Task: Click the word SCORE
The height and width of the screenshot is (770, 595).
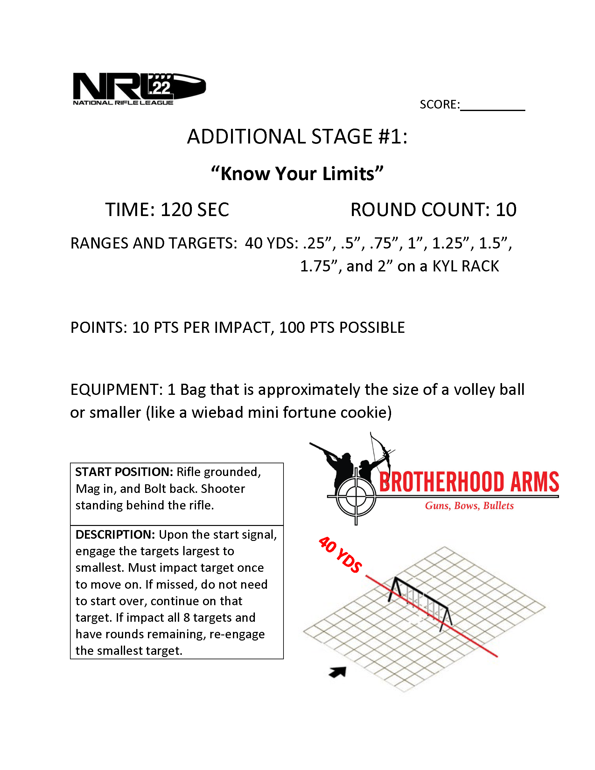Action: click(x=439, y=104)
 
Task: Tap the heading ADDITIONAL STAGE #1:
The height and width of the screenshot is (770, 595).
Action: click(x=297, y=136)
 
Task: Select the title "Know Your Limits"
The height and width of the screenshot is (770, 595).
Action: click(x=297, y=173)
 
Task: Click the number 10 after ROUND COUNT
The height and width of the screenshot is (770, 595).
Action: click(x=506, y=210)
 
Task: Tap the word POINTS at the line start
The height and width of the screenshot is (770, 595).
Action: click(x=98, y=327)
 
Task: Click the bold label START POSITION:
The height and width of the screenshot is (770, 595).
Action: click(x=124, y=472)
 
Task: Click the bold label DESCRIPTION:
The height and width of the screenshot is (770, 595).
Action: click(x=115, y=535)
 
